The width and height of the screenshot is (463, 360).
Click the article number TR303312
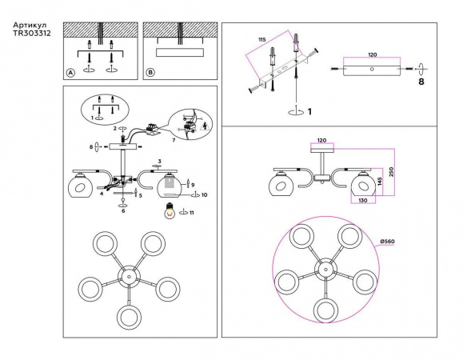pos(32,33)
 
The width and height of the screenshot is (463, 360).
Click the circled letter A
pos(70,73)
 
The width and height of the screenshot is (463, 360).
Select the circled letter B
pos(150,73)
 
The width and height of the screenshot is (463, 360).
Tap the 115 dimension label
pos(262,39)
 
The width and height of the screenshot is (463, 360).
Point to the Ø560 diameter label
pos(387,242)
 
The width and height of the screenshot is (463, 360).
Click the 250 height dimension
pos(391,172)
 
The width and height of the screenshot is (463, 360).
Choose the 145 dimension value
pos(379,181)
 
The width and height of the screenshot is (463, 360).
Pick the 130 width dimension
pos(363,200)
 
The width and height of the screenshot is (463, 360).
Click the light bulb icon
pos(170,211)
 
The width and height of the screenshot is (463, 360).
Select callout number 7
pos(174,140)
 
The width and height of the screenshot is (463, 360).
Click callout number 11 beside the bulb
pos(192,213)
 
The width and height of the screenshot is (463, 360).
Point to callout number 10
pos(205,195)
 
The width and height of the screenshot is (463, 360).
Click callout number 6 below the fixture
pos(123,211)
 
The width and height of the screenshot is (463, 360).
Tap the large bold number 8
pos(421,82)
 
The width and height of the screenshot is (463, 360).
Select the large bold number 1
pos(309,112)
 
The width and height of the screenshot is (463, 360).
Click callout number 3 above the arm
pos(159,162)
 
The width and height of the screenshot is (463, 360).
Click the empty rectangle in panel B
pos(180,52)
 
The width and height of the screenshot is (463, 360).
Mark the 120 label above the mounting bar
pos(373,54)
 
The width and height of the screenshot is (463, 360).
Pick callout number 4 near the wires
pos(102,194)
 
